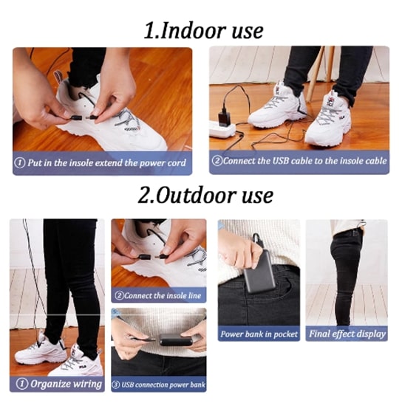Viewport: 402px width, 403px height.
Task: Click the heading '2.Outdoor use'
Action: (205, 196)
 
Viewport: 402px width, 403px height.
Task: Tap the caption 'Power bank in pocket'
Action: (259, 334)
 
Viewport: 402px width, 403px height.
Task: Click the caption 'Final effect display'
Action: (347, 334)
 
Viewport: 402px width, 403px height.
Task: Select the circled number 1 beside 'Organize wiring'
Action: (22, 384)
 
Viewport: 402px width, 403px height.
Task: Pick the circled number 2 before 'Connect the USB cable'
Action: (217, 161)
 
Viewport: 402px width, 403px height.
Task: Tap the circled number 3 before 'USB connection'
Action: (116, 385)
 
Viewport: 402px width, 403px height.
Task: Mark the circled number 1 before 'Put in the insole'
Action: (20, 162)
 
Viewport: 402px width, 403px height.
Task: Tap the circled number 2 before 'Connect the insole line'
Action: (118, 295)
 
